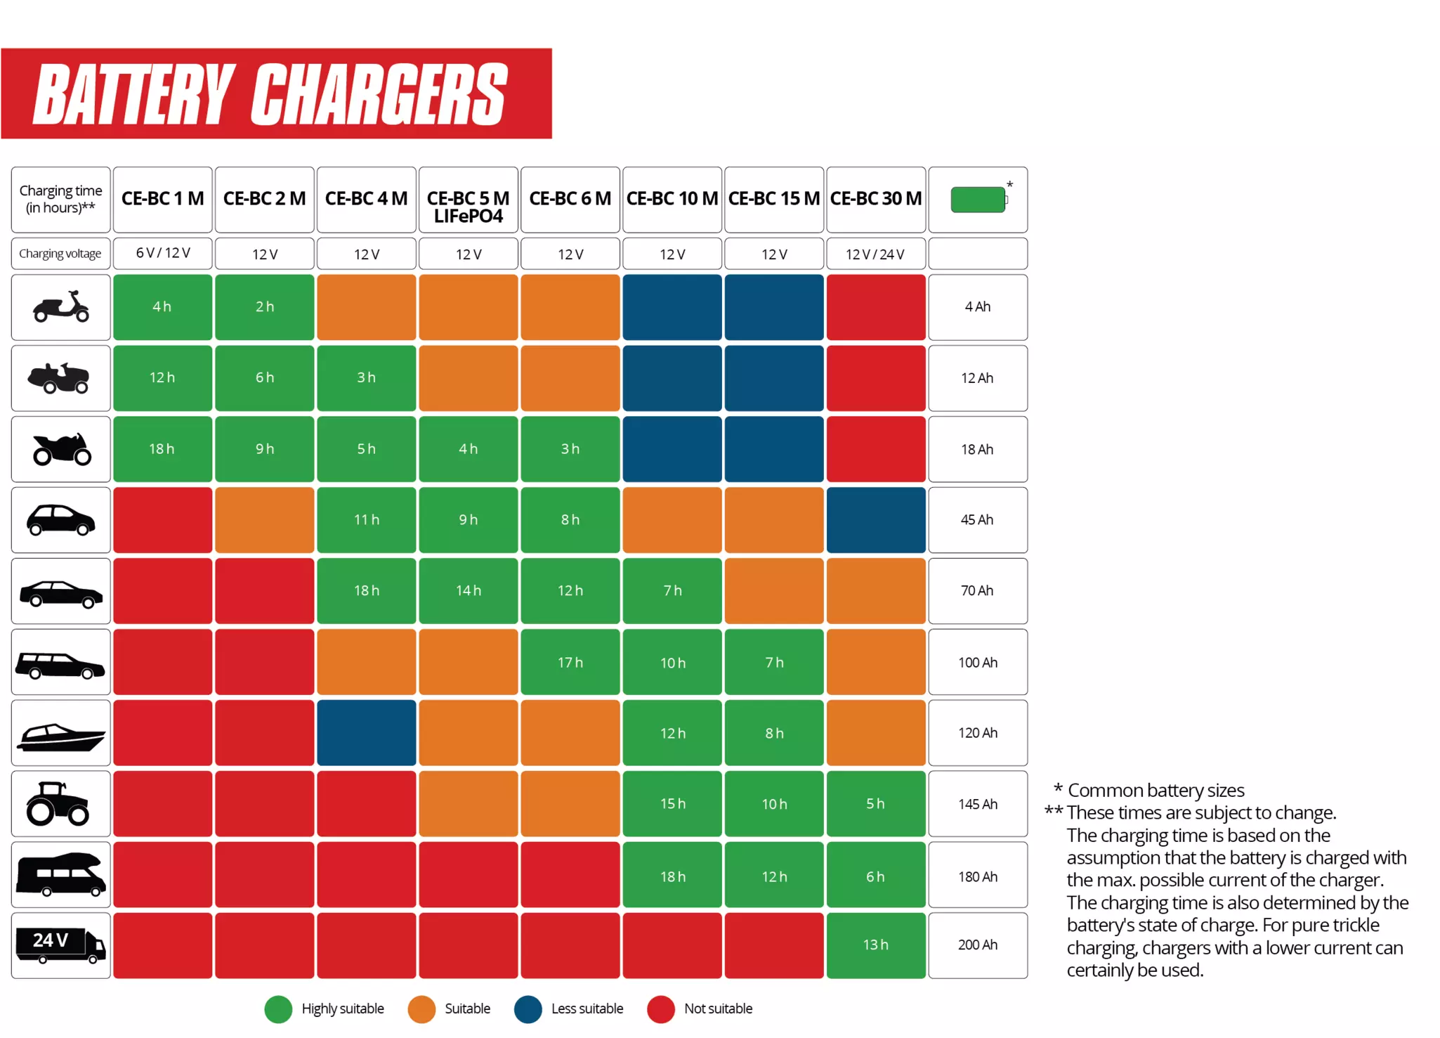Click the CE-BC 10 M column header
(x=672, y=199)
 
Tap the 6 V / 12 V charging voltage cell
(x=162, y=253)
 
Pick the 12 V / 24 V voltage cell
(x=875, y=254)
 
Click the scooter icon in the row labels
(x=61, y=307)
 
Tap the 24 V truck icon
(x=60, y=945)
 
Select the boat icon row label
(x=61, y=733)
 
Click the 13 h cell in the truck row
(x=875, y=945)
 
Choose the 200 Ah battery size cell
(x=977, y=945)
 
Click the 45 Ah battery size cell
(x=977, y=520)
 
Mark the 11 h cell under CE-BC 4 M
(x=366, y=520)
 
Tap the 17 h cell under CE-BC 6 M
(x=570, y=662)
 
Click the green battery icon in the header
(x=978, y=200)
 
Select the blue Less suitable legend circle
(x=528, y=1009)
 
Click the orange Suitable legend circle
(x=421, y=1009)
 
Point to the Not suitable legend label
(x=717, y=1009)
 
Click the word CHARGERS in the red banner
(x=379, y=95)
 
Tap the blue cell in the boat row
(x=366, y=733)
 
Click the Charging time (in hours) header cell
(x=60, y=199)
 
